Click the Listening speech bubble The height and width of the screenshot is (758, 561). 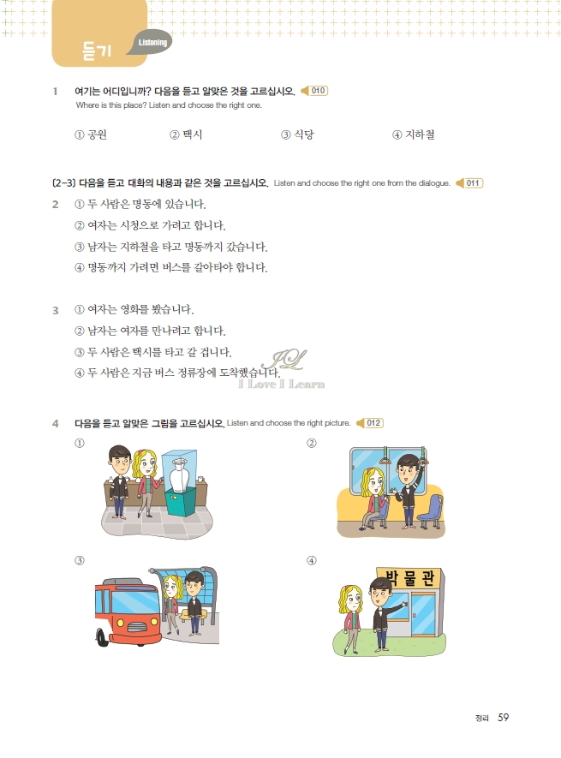point(152,43)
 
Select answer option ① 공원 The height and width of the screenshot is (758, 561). point(91,134)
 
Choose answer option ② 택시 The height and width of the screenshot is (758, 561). point(186,134)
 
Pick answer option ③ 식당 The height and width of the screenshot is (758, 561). point(298,134)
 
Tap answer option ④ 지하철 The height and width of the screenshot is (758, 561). point(414,134)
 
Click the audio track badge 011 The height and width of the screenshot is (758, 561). point(470,183)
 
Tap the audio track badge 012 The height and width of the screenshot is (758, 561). point(369,423)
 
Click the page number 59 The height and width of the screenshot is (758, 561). point(504,717)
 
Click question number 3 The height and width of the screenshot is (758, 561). point(55,310)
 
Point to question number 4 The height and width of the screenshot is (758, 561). point(55,423)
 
